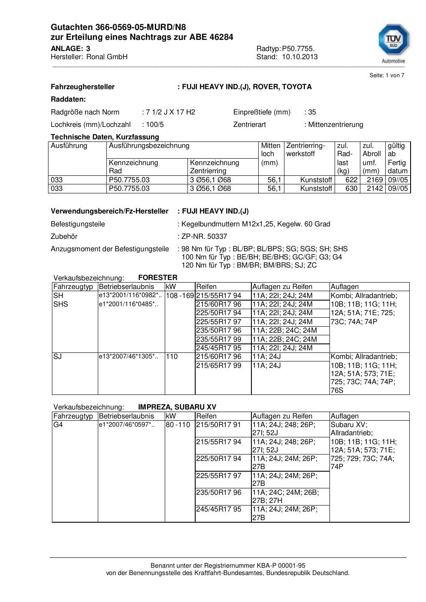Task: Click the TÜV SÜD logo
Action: [x=393, y=42]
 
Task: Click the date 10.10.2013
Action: [x=299, y=57]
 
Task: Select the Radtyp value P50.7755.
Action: [x=299, y=48]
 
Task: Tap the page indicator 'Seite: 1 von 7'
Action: [x=387, y=75]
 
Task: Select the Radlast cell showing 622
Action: [x=351, y=180]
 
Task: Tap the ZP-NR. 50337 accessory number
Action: [x=204, y=236]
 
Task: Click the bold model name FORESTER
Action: [x=157, y=277]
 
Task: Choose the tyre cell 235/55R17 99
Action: [x=219, y=339]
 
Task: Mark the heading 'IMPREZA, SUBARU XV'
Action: [x=177, y=407]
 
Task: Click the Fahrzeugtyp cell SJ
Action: [x=57, y=356]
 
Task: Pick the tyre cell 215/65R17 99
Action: [x=219, y=365]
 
